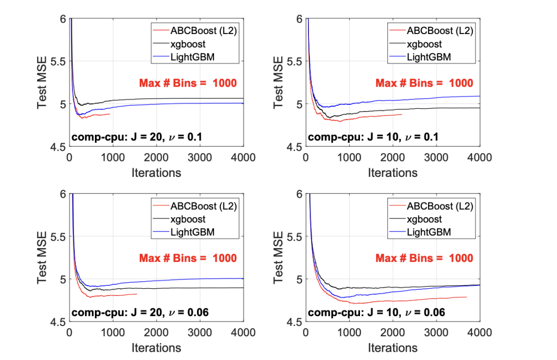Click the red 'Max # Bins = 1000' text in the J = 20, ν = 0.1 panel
coord(188,83)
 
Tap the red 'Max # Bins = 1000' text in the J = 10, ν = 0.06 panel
coord(424,258)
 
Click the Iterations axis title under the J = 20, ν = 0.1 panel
coord(156,172)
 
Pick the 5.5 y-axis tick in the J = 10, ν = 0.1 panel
coord(293,61)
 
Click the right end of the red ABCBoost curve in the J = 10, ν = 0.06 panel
coord(467,297)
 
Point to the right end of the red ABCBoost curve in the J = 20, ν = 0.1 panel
coord(110,114)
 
